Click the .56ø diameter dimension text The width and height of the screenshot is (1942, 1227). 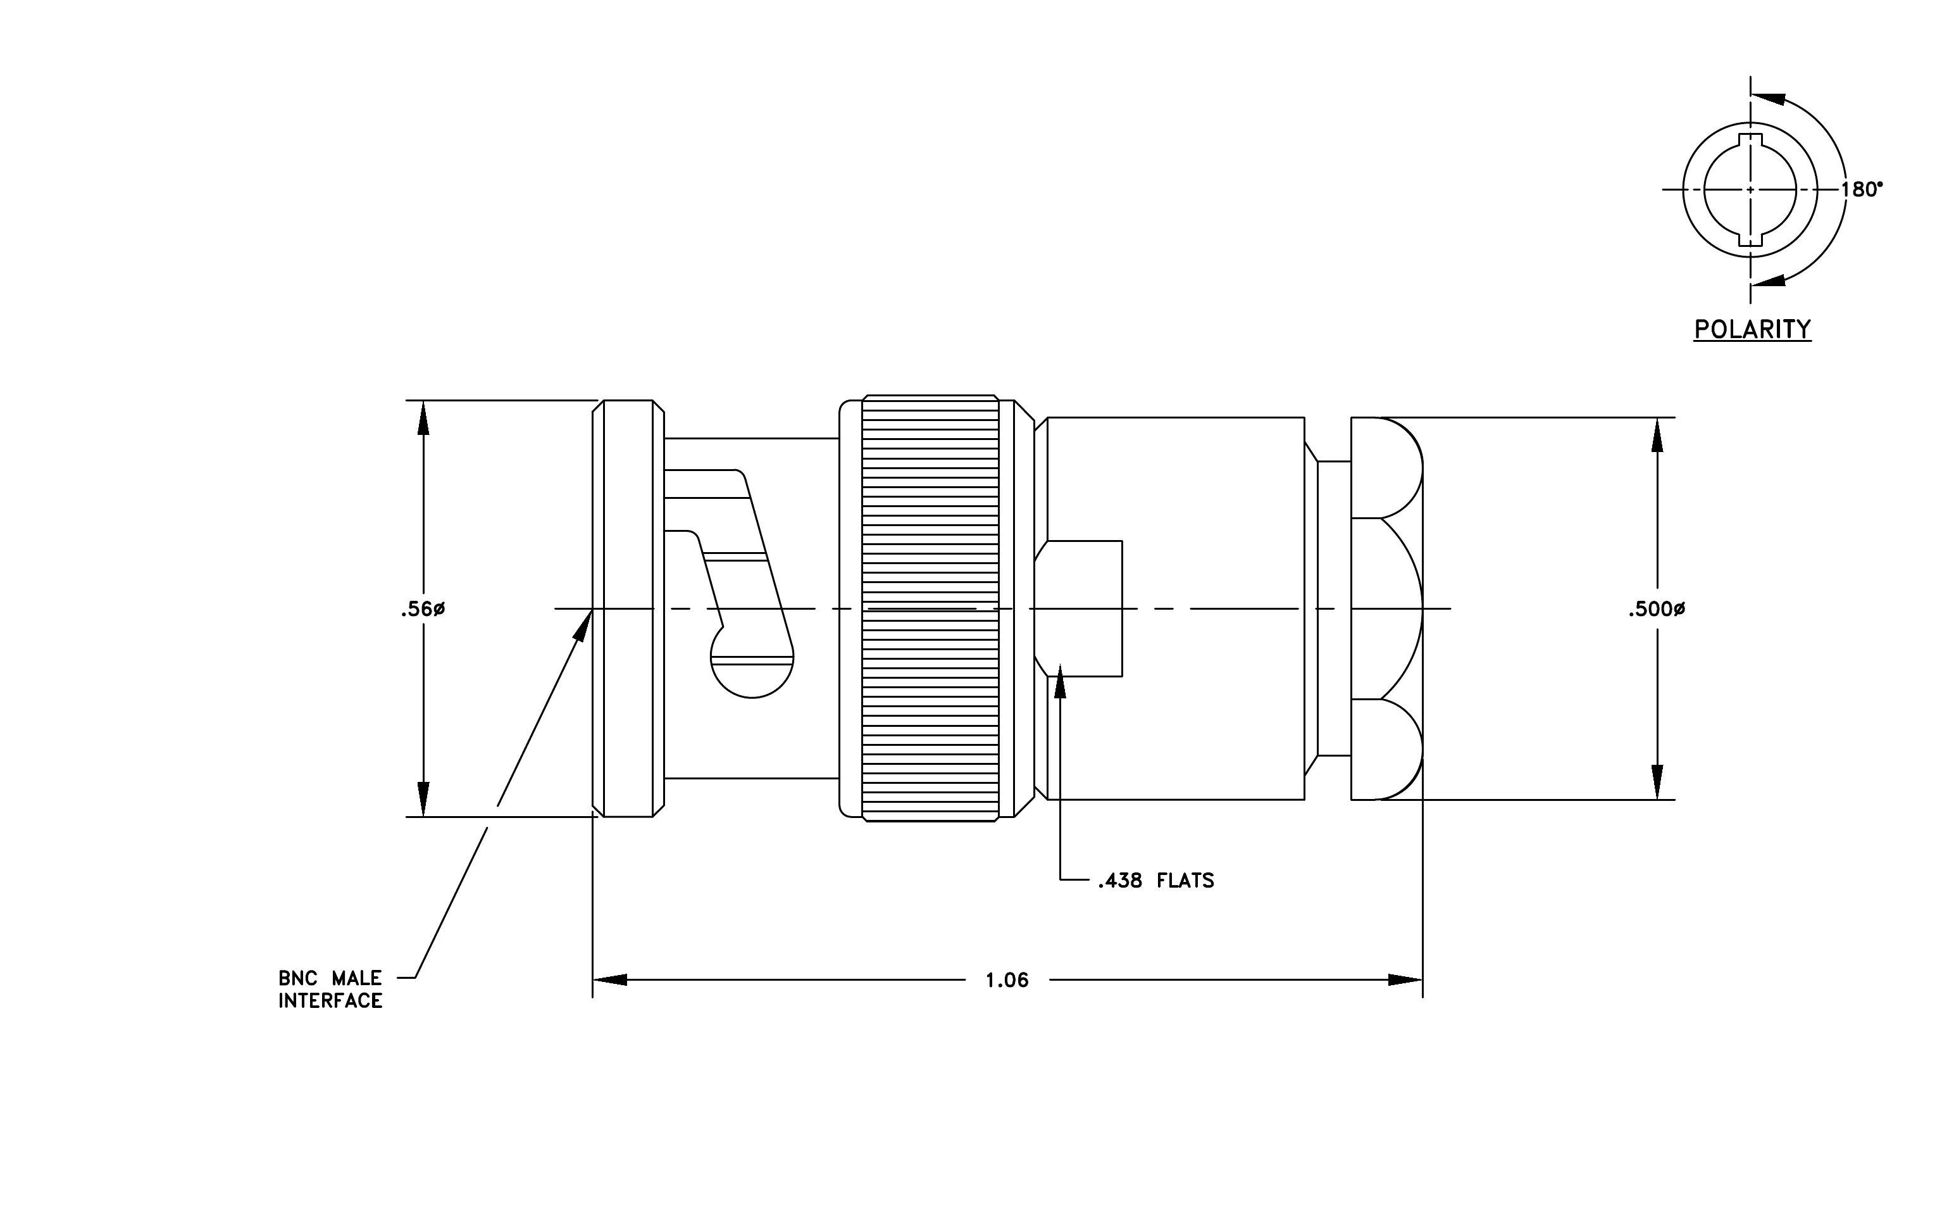pos(423,610)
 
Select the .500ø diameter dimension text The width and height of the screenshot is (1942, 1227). pos(1657,610)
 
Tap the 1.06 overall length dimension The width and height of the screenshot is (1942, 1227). pos(1007,980)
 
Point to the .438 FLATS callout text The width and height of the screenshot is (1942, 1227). pos(1155,880)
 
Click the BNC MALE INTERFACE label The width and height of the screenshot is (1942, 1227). pos(330,989)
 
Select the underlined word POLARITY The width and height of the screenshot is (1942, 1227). pos(1752,329)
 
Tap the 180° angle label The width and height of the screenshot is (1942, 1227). pos(1862,189)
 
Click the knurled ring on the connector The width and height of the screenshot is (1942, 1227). pos(930,608)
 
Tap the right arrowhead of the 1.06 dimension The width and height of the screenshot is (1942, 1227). pos(1405,980)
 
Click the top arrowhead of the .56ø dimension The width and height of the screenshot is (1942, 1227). pos(423,417)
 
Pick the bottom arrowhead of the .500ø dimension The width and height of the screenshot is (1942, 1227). pos(1657,782)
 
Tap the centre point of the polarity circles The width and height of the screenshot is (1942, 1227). pos(1750,189)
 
